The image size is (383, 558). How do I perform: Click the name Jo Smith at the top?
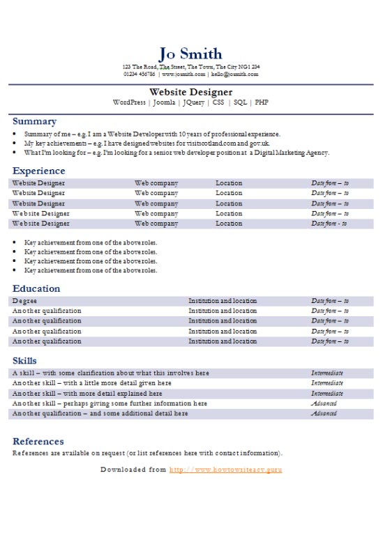190,54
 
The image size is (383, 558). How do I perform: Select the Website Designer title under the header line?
190,92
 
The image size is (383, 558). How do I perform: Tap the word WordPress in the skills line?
129,102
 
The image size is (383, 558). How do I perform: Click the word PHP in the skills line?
262,102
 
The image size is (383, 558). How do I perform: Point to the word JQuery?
193,102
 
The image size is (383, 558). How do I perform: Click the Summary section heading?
34,121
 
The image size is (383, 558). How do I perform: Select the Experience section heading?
38,171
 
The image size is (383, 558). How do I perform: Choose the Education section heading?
36,288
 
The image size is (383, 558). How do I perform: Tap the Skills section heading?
25,360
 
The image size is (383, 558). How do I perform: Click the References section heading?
38,441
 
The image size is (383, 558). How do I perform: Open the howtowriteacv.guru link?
225,470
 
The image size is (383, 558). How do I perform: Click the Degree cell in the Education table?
24,301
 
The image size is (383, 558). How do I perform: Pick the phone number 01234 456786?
140,74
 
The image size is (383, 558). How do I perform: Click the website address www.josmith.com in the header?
183,74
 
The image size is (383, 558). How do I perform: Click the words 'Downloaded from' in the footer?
133,470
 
